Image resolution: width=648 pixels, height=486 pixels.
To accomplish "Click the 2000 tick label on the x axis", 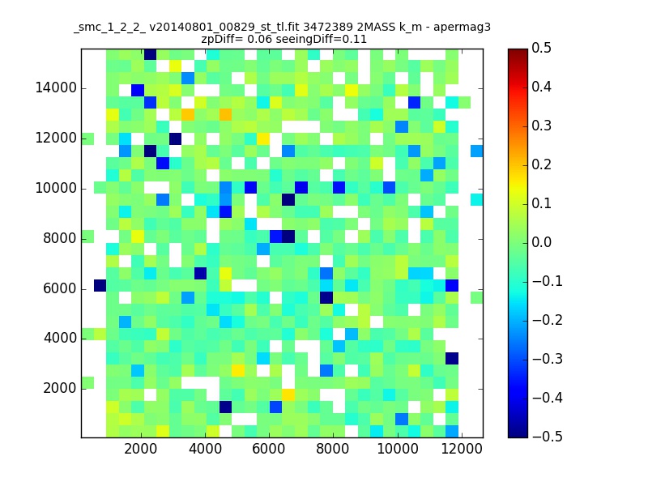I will click(x=141, y=450).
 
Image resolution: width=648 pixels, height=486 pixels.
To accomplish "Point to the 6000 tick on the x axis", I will click(x=270, y=450).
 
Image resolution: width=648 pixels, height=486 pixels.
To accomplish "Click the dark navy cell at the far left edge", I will click(x=100, y=285).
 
